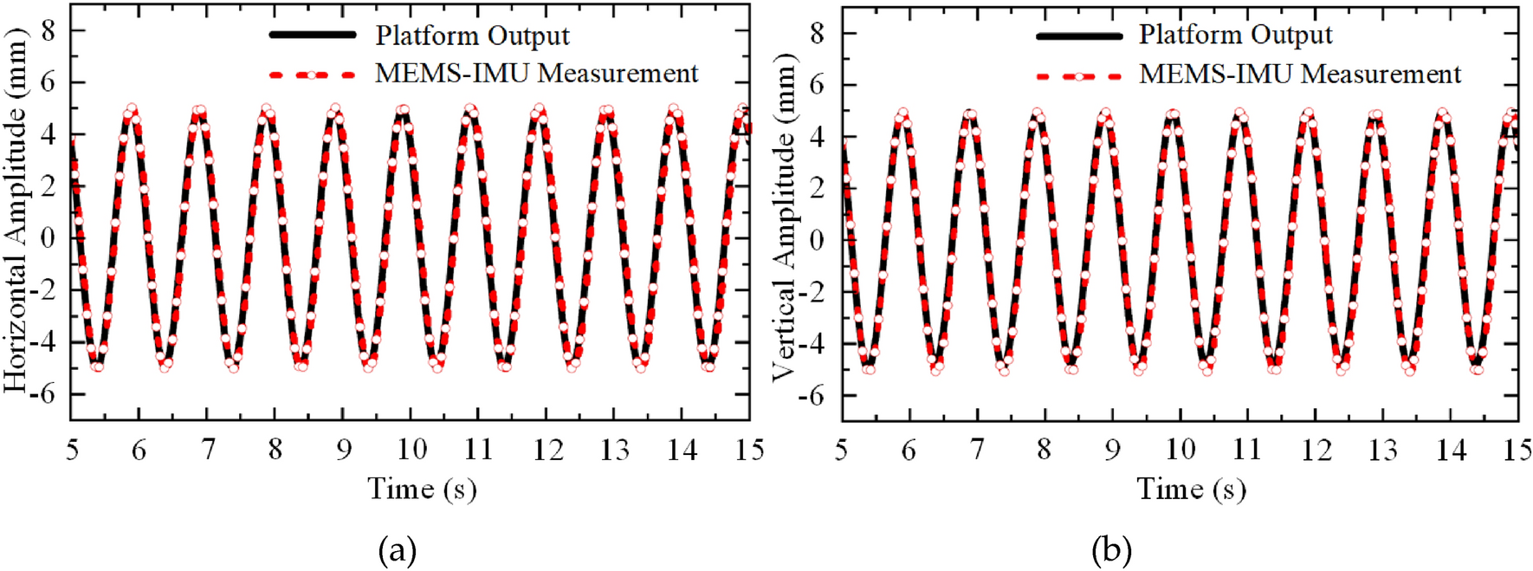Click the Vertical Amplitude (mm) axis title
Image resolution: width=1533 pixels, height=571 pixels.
coord(784,217)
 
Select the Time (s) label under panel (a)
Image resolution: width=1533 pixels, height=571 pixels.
coord(422,490)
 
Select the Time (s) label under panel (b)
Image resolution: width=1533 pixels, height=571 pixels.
coord(1191,490)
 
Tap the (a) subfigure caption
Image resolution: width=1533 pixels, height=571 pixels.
coord(398,550)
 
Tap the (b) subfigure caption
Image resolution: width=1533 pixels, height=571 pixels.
coord(1112,550)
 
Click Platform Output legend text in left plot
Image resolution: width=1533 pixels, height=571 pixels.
coord(472,36)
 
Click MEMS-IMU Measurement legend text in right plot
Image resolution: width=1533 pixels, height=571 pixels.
coord(1299,75)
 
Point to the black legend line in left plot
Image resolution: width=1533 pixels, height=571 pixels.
coord(313,35)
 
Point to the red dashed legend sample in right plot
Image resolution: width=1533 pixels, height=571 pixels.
coord(1078,76)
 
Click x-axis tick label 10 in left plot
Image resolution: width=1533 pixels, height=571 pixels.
coord(411,450)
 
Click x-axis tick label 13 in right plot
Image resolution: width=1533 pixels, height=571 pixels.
coord(1383,451)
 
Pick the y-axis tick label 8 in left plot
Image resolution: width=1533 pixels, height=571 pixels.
coord(48,31)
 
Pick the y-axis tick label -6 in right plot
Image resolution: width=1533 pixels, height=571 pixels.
coord(812,395)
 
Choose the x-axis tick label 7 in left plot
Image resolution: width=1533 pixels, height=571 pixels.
coord(208,450)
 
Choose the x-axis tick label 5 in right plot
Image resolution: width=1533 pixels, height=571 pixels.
coord(841,451)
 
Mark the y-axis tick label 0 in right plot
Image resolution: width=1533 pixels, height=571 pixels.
coord(817,240)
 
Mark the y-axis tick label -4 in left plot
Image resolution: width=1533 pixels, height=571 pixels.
coord(42,342)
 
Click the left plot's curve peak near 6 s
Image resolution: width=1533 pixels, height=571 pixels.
coord(132,110)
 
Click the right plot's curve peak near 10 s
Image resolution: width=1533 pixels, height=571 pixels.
coord(1174,114)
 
